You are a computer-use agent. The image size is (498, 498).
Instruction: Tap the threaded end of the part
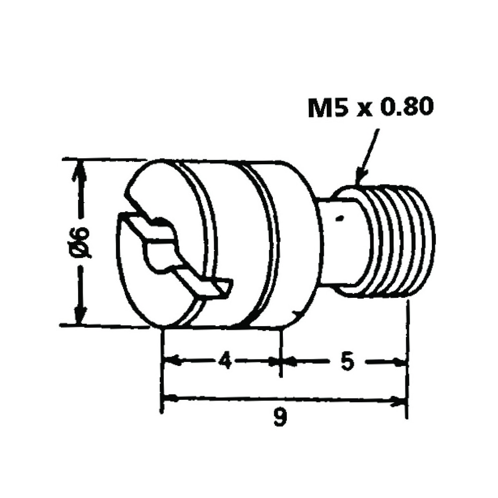tap(398, 242)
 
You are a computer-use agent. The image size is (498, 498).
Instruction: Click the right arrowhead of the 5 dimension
tap(398, 362)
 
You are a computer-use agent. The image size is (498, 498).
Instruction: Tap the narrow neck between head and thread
tap(339, 242)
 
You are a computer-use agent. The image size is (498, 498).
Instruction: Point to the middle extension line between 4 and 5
tap(281, 351)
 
